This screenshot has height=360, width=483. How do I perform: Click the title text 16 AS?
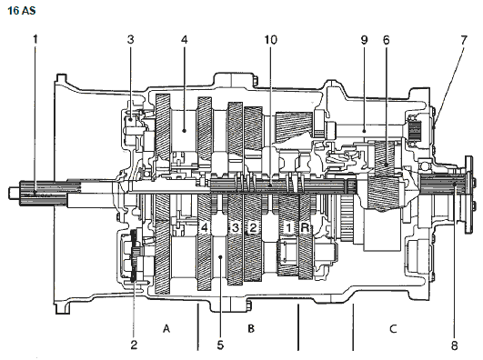tap(21, 11)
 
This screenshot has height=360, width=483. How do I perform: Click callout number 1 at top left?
tap(35, 39)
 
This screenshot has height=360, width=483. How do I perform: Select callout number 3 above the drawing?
tap(131, 39)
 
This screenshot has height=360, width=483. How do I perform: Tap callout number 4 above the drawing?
tap(185, 39)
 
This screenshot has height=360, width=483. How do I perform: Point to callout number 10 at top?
tap(271, 40)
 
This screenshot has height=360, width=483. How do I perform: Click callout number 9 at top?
tap(364, 40)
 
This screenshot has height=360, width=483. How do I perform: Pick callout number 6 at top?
tap(387, 40)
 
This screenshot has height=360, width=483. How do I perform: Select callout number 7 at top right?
tap(464, 40)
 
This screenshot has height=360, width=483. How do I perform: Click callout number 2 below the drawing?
tap(134, 345)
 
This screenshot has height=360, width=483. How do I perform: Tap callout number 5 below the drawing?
tap(220, 345)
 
